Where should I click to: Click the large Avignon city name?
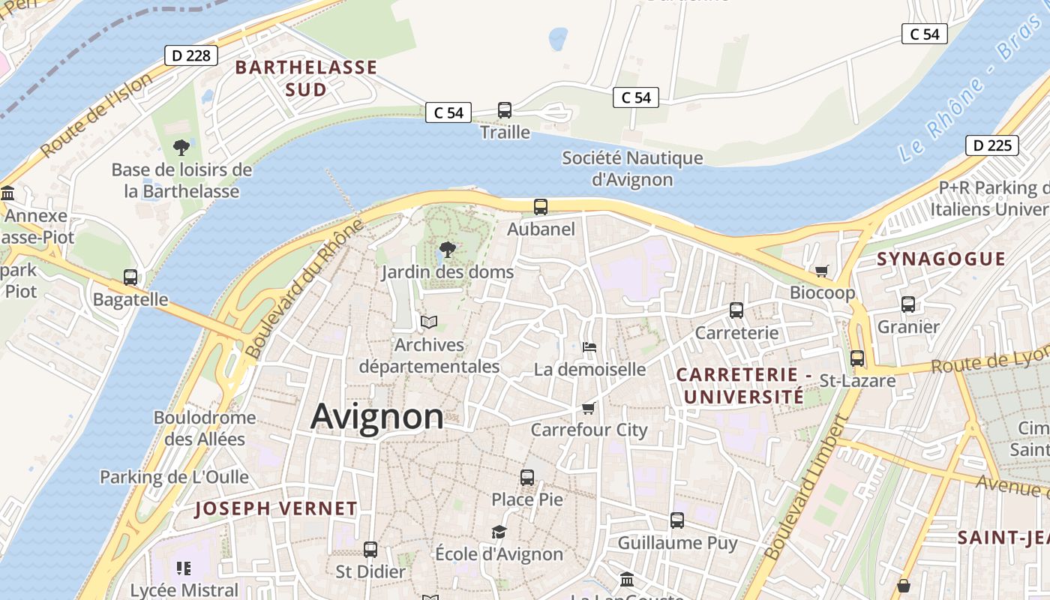click(x=376, y=416)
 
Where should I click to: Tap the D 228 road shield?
click(x=191, y=55)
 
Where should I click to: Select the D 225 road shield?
click(x=992, y=145)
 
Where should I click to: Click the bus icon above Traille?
click(x=505, y=110)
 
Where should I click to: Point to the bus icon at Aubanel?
click(x=540, y=207)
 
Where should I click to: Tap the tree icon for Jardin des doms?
click(x=448, y=249)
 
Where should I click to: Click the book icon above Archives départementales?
click(x=429, y=322)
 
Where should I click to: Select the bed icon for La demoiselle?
click(x=589, y=346)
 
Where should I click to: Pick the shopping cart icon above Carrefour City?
click(x=589, y=408)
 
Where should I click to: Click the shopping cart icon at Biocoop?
click(x=822, y=271)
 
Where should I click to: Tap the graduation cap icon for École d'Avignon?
click(x=499, y=532)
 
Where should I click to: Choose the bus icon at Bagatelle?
click(x=130, y=277)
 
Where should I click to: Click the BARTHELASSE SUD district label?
click(x=306, y=79)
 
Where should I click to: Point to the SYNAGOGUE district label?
click(x=941, y=259)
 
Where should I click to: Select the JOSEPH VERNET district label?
click(x=276, y=508)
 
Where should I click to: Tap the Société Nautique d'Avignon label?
click(x=632, y=169)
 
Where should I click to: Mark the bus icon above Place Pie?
click(x=527, y=477)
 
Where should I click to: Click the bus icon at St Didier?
click(x=370, y=549)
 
